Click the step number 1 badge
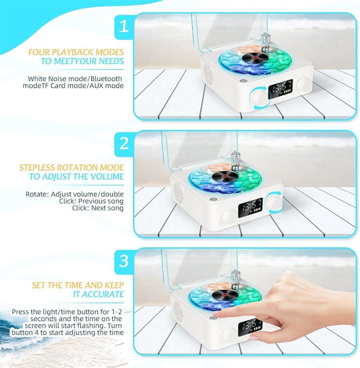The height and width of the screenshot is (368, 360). (x=124, y=26)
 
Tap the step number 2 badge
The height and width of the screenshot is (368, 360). (x=124, y=144)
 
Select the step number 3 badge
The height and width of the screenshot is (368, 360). (x=124, y=261)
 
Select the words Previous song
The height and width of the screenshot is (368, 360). (x=102, y=201)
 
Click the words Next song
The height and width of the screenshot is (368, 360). (x=108, y=208)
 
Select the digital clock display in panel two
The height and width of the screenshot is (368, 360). (x=250, y=208)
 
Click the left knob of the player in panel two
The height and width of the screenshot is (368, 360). (x=230, y=216)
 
